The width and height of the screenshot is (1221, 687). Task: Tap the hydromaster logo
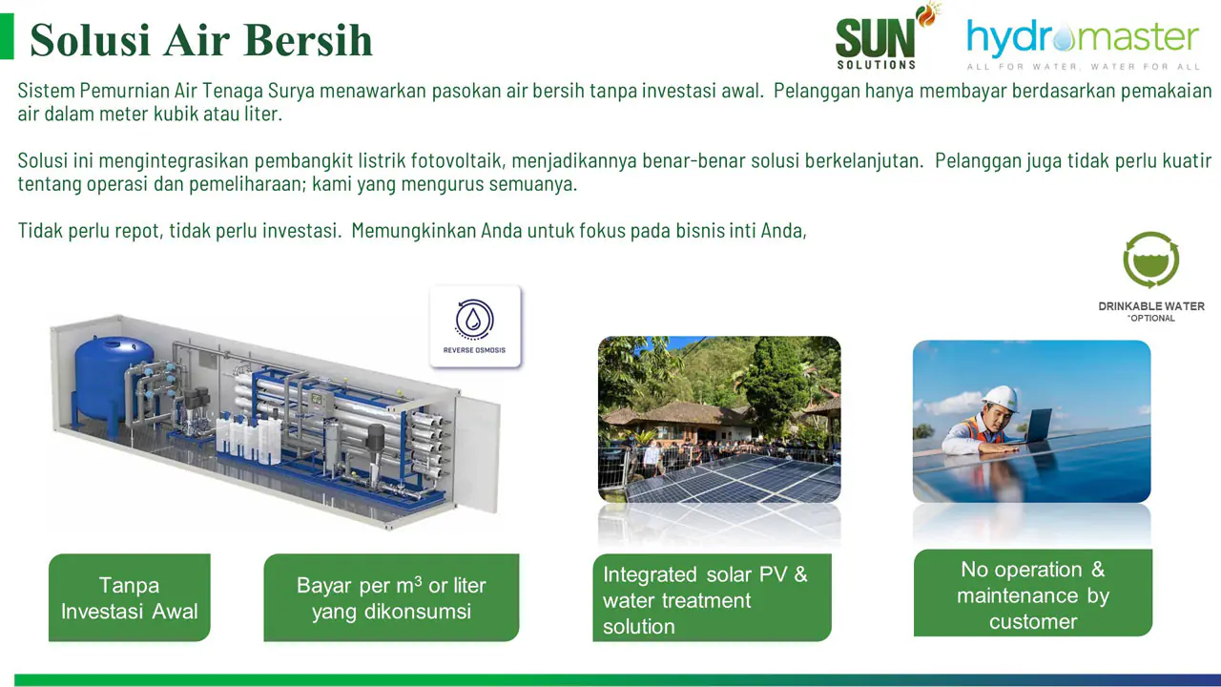1083,45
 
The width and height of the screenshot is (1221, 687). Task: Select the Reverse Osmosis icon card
475,326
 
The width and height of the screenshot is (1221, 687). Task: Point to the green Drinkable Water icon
1150,260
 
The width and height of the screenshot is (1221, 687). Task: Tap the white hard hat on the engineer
1001,399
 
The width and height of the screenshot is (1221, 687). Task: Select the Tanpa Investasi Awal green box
129,597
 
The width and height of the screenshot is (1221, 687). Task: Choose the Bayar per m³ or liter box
391,597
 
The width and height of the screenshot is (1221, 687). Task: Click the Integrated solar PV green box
712,597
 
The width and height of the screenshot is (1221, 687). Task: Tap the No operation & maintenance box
1033,593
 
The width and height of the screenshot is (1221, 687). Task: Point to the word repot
138,231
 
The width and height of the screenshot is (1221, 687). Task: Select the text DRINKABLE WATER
1151,306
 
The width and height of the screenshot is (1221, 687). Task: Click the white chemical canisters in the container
249,440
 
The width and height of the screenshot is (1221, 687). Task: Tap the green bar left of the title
7,36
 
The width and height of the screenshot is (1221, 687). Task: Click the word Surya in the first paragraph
291,91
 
